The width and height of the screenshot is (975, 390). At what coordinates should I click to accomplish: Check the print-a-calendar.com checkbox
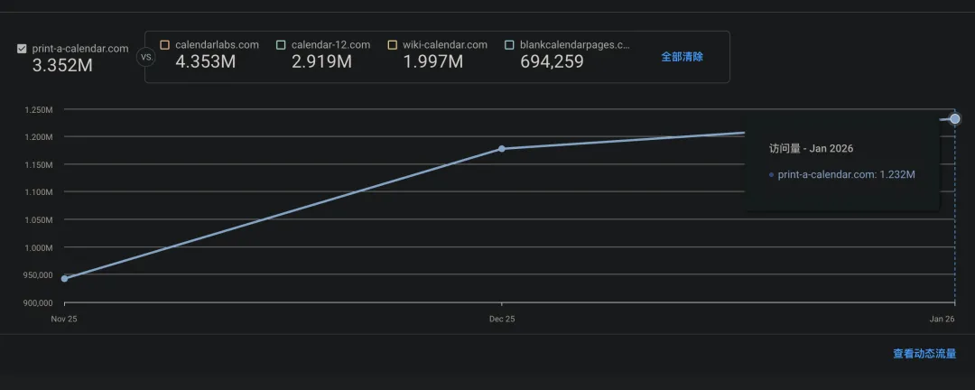[22, 49]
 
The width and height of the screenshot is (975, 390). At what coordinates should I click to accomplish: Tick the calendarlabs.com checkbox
[164, 44]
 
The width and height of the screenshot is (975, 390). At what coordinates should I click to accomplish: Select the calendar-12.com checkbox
[281, 44]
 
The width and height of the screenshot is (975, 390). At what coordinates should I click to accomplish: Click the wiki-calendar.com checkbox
[392, 44]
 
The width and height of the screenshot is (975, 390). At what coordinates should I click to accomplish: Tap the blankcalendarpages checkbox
[510, 44]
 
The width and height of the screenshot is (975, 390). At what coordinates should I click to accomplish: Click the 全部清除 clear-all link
[682, 56]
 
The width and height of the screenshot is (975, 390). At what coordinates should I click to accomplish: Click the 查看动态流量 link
[924, 354]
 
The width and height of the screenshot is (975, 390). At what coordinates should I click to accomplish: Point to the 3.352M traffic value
[60, 65]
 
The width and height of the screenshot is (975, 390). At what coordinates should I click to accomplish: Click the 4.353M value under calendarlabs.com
[205, 61]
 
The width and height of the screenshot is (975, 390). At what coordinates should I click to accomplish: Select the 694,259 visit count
[552, 61]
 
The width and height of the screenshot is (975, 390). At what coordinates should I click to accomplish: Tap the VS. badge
[144, 57]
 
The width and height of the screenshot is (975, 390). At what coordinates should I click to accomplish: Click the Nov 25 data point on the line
[64, 279]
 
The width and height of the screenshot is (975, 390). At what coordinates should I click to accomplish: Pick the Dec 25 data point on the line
[502, 148]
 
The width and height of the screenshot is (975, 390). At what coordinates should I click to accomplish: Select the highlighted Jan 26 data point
[955, 119]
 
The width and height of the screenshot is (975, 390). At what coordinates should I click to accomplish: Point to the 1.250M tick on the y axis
[39, 110]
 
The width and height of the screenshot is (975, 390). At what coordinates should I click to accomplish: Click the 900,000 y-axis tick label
[39, 302]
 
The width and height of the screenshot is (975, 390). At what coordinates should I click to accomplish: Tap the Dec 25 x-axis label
[502, 319]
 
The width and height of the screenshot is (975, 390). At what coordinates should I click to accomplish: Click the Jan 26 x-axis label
[942, 319]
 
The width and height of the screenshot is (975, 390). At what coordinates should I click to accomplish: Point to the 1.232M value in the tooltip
[897, 174]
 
